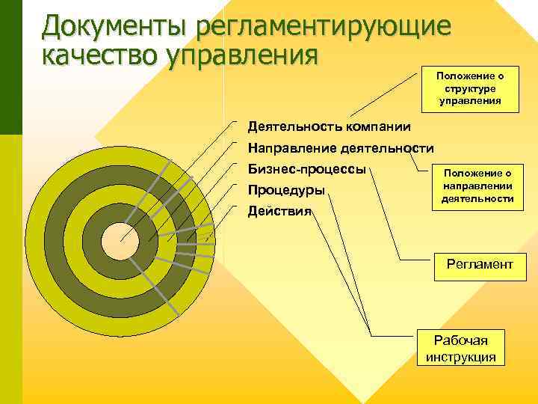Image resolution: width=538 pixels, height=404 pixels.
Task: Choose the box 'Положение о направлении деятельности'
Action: pos(477,186)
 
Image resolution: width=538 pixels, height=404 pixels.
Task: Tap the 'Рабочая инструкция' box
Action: pos(460,348)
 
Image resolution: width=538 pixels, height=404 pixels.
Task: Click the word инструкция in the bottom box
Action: pos(460,356)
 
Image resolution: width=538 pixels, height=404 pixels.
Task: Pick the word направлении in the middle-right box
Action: pos(477,186)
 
